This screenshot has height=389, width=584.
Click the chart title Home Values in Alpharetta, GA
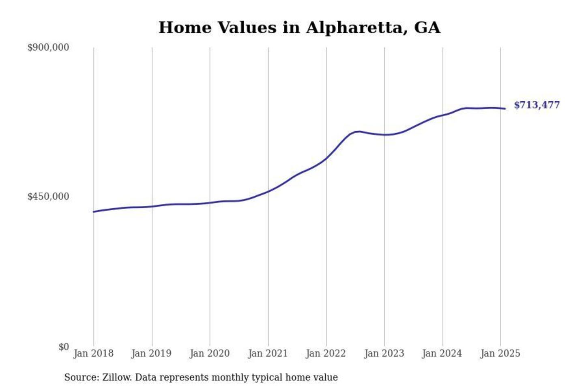click(x=299, y=28)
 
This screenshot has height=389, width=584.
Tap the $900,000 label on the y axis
click(x=48, y=47)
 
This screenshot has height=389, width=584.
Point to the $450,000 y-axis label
click(x=48, y=197)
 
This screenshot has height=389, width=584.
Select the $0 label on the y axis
click(x=64, y=347)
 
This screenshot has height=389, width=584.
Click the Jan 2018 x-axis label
click(x=93, y=353)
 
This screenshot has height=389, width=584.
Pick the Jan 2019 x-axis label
click(x=151, y=353)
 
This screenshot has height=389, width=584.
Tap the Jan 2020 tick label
click(x=210, y=353)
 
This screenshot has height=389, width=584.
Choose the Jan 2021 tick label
click(x=268, y=353)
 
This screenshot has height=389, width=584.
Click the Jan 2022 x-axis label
click(x=326, y=353)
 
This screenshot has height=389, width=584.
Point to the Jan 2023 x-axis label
click(x=384, y=353)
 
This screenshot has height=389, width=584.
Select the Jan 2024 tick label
click(x=442, y=353)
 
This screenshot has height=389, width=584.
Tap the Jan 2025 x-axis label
click(x=500, y=353)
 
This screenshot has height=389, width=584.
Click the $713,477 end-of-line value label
click(x=537, y=105)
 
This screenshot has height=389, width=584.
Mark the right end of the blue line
click(x=505, y=109)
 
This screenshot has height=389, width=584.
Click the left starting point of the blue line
click(x=94, y=212)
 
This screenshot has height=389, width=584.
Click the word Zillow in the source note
click(x=117, y=377)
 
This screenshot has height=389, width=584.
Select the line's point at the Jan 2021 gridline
click(x=268, y=191)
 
